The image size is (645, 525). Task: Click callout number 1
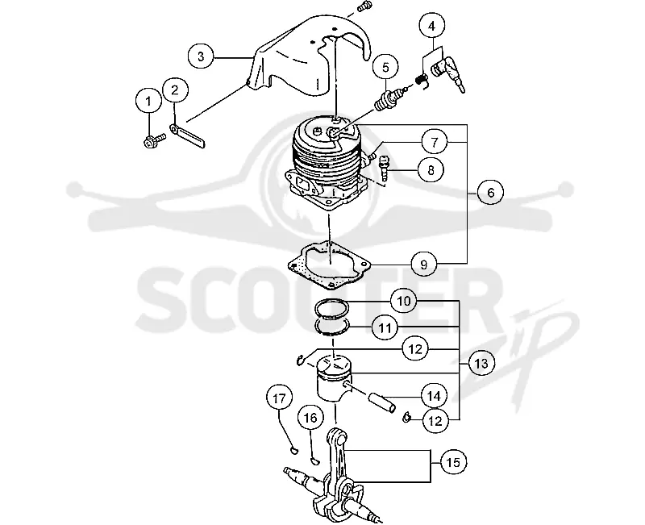149,102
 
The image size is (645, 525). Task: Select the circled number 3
201,56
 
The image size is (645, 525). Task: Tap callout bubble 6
490,192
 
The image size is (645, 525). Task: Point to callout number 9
424,265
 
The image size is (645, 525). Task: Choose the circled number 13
481,364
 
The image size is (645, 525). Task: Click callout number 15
454,462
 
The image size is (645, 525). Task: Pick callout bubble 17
279,398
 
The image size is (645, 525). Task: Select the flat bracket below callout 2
189,135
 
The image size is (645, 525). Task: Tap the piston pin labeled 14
382,402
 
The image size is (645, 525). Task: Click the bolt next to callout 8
383,168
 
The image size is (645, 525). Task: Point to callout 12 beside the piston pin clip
435,420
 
